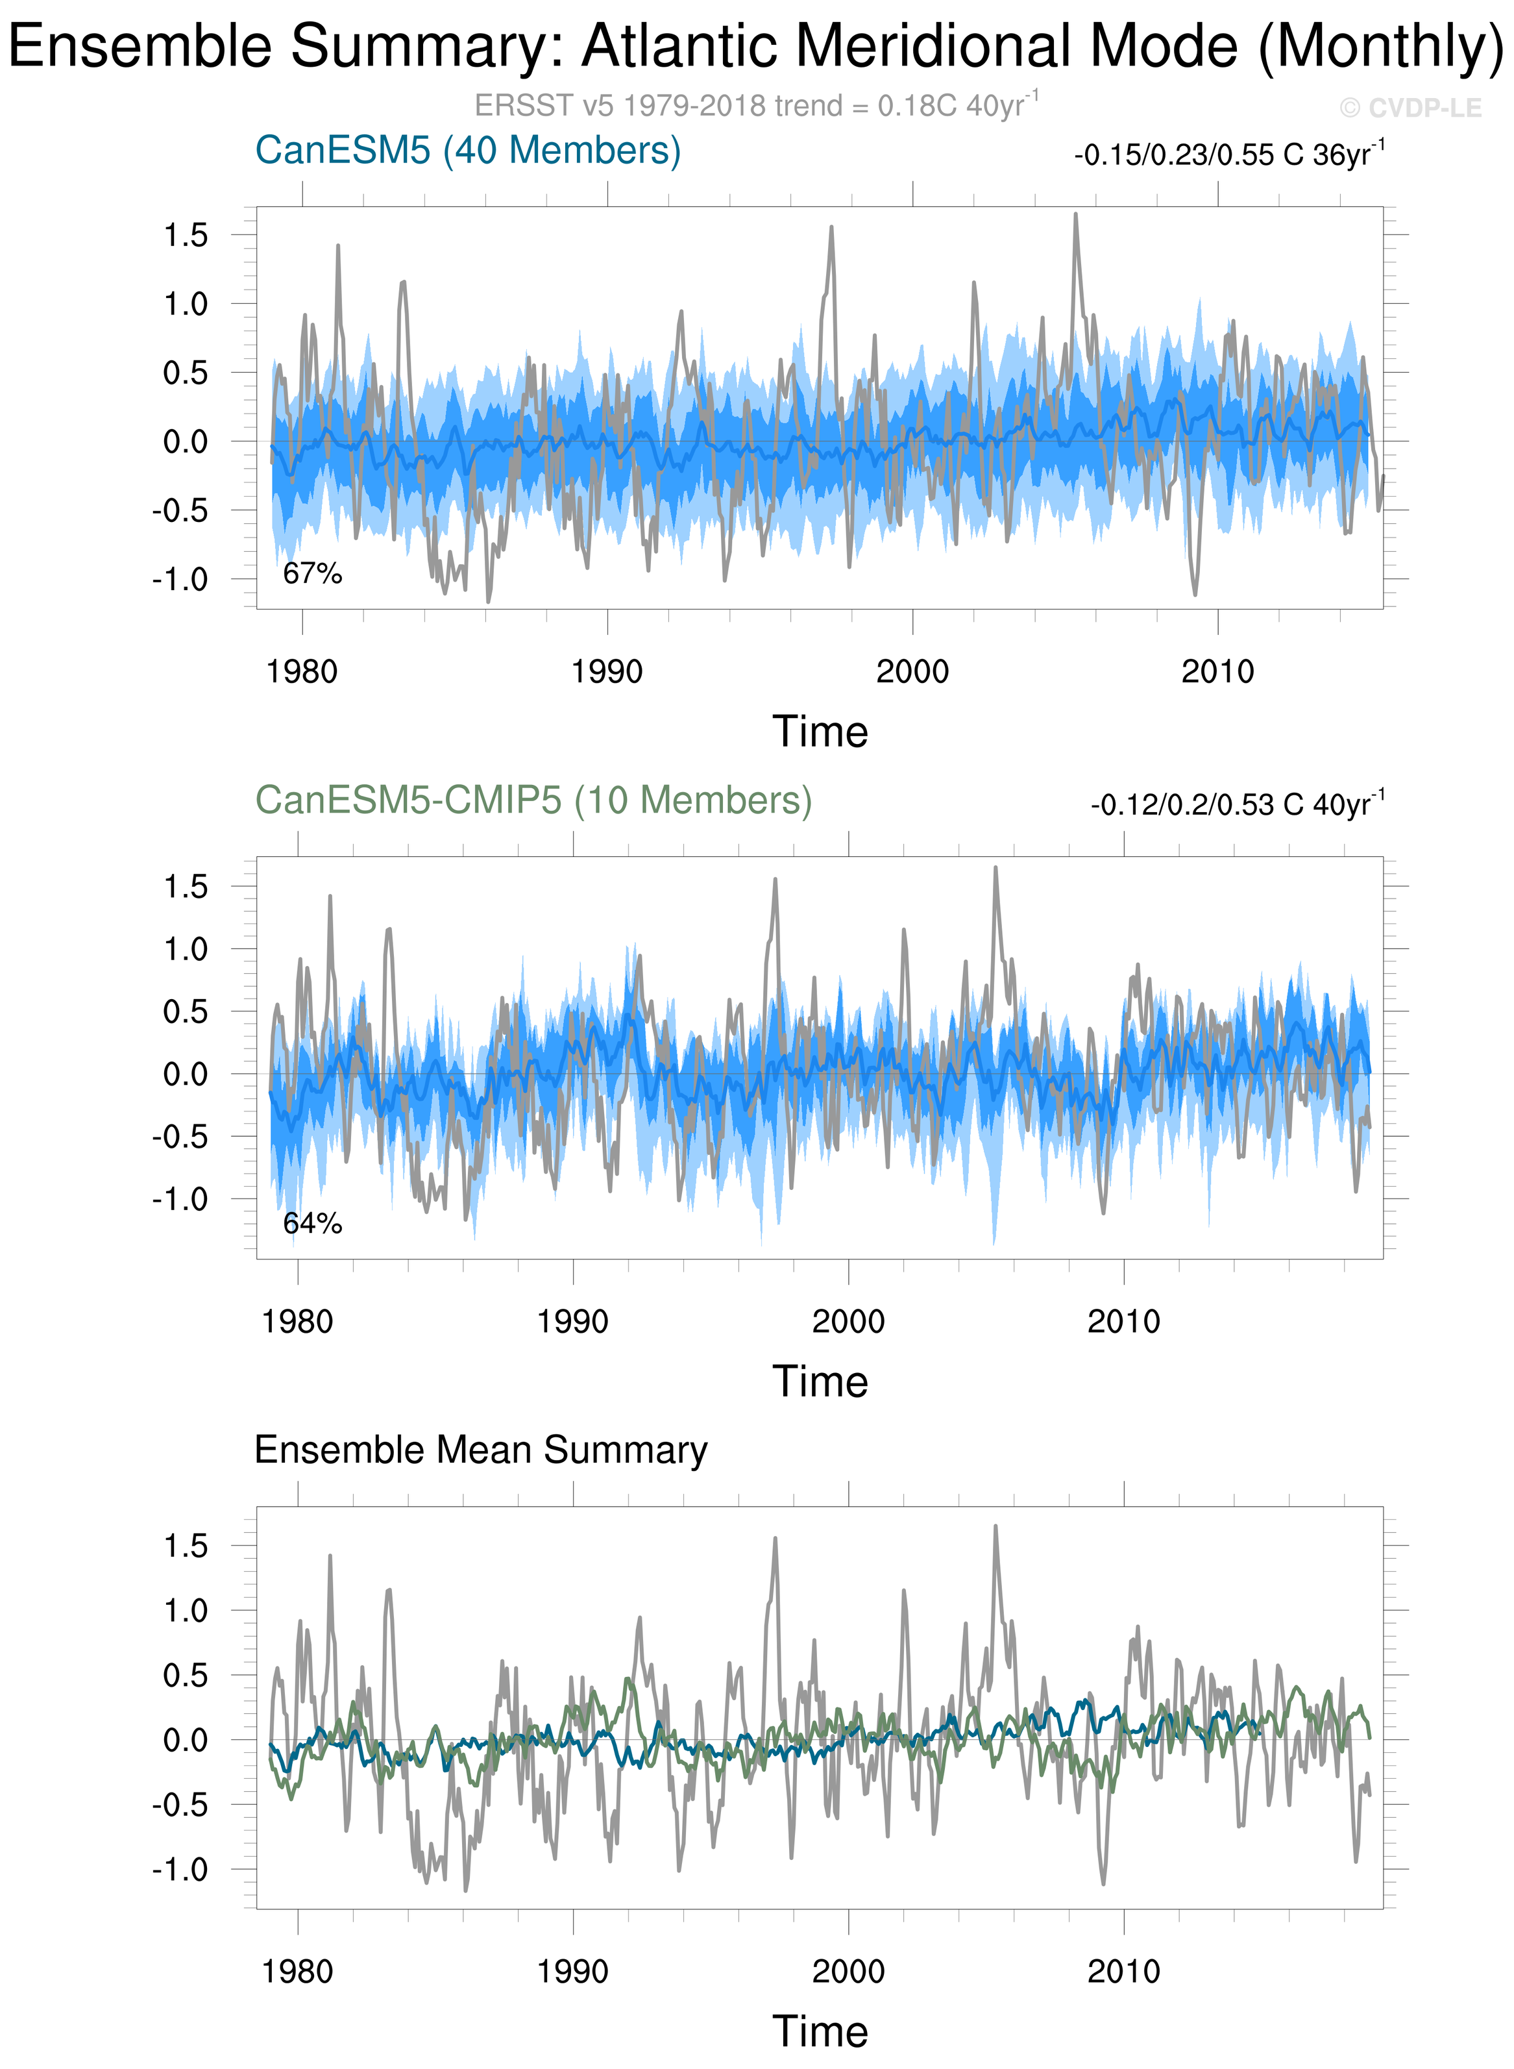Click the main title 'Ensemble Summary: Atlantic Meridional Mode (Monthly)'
[755, 46]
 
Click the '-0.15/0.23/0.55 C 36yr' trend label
[1228, 154]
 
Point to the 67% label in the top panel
[313, 573]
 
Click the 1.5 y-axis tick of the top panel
[186, 236]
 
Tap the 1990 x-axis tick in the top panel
[607, 672]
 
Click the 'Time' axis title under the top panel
[820, 732]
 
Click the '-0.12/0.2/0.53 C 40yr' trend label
[1238, 804]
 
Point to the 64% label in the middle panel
[313, 1223]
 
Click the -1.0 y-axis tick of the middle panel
[180, 1199]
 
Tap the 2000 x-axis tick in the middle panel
[848, 1322]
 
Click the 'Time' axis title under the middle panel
[820, 1381]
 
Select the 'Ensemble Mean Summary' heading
[481, 1450]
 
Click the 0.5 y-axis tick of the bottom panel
[186, 1676]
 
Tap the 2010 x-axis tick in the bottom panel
[1123, 1972]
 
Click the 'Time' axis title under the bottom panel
[820, 2031]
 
